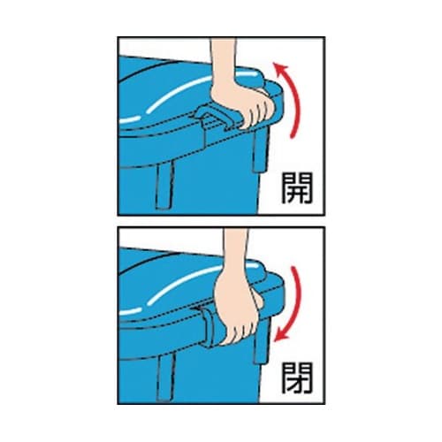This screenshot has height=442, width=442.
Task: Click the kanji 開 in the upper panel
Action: (x=297, y=188)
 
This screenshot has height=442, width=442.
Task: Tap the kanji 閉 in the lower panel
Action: (x=297, y=378)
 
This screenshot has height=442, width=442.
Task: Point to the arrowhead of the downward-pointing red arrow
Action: (x=280, y=335)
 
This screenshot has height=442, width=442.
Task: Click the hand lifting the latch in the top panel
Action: (x=243, y=104)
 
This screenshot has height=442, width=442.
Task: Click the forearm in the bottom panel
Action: (x=236, y=250)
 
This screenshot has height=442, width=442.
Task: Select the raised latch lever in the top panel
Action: (x=214, y=117)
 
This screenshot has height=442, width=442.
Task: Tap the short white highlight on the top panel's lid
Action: (x=130, y=120)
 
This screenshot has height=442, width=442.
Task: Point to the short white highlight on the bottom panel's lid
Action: (x=129, y=311)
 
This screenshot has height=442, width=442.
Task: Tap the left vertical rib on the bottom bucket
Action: (x=166, y=377)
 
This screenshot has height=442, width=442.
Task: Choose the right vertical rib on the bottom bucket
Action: (x=262, y=342)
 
